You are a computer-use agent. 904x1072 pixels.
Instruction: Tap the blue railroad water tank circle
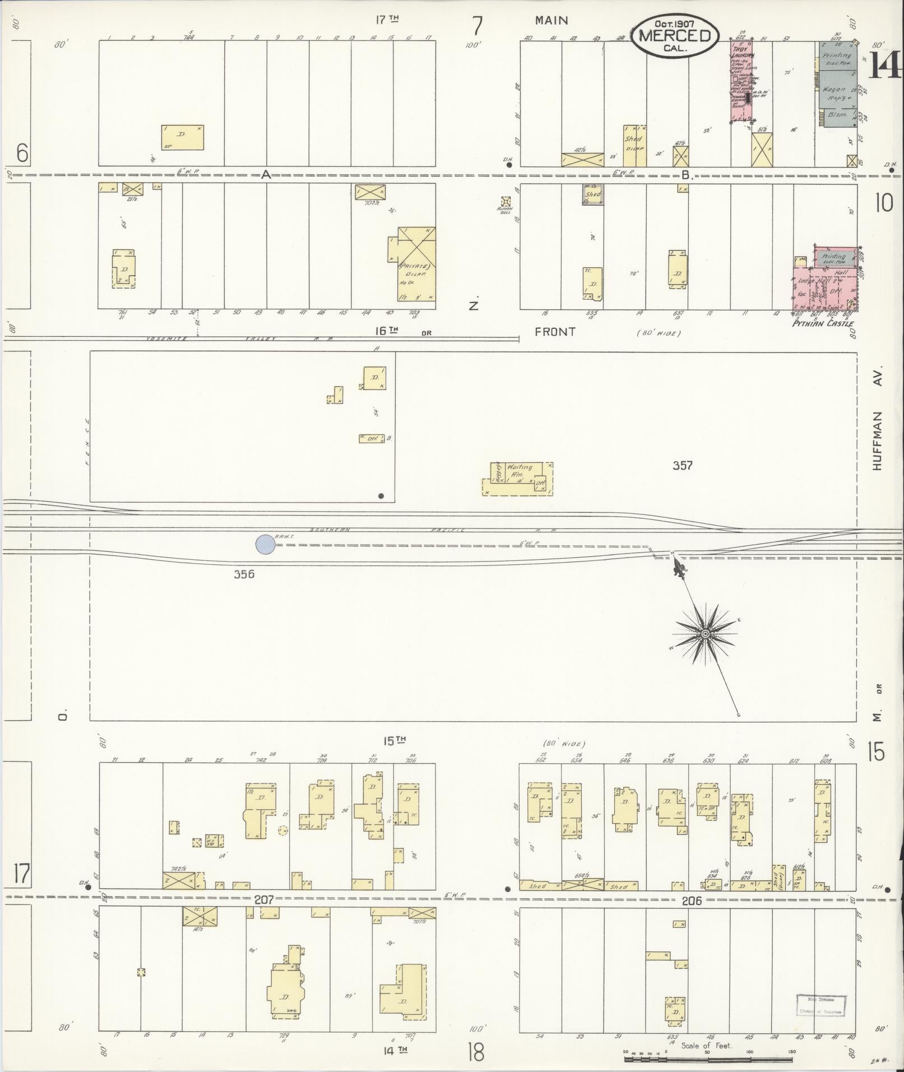tap(265, 544)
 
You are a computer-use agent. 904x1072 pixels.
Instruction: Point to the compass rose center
tap(705, 633)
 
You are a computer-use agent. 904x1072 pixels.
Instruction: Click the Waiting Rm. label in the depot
tap(519, 470)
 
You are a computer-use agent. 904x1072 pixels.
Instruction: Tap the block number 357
tap(683, 465)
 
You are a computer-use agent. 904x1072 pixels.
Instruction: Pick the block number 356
tap(244, 574)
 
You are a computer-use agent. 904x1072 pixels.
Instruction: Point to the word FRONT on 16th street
tap(555, 332)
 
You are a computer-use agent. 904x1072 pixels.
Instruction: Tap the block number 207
tap(263, 899)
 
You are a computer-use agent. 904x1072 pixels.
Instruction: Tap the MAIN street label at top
tap(551, 21)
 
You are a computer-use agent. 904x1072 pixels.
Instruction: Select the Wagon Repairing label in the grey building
tap(833, 93)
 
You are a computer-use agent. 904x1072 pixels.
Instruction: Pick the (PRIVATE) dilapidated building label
tap(414, 267)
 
